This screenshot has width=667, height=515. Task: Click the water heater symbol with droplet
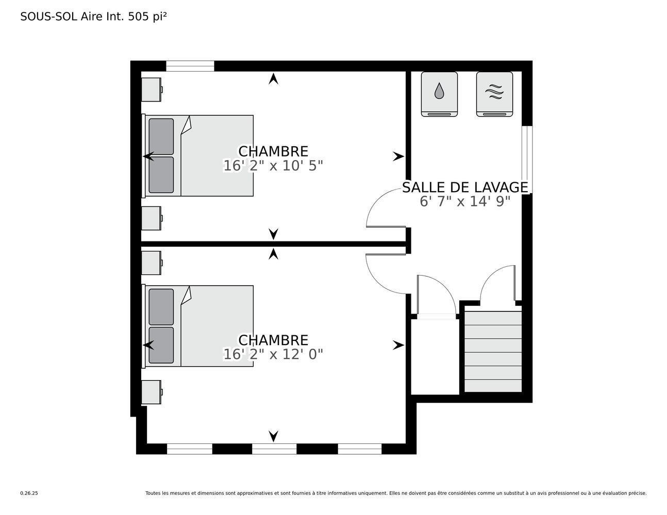pyautogui.click(x=439, y=94)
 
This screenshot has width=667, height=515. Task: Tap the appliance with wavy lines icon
pyautogui.click(x=494, y=94)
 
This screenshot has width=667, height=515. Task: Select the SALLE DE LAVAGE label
pyautogui.click(x=465, y=187)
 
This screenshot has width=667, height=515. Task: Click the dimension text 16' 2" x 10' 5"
pyautogui.click(x=273, y=166)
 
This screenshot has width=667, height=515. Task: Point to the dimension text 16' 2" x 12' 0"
pyautogui.click(x=273, y=354)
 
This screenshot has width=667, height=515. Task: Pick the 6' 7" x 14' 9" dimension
pyautogui.click(x=465, y=201)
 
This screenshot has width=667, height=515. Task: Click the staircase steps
pyautogui.click(x=493, y=352)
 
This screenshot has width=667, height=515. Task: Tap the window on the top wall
pyautogui.click(x=190, y=66)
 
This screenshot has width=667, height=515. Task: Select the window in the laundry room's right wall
pyautogui.click(x=526, y=159)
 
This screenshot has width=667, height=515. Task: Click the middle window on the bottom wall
pyautogui.click(x=274, y=449)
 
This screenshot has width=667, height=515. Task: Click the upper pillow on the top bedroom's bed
pyautogui.click(x=161, y=136)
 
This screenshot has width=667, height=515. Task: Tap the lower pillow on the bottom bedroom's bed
pyautogui.click(x=161, y=345)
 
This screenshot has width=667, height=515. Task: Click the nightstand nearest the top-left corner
pyautogui.click(x=152, y=89)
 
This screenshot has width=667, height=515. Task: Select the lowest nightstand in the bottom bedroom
pyautogui.click(x=152, y=392)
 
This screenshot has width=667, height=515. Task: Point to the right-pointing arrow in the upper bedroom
pyautogui.click(x=398, y=157)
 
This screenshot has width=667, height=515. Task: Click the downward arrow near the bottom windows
pyautogui.click(x=274, y=436)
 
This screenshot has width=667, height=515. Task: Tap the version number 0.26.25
pyautogui.click(x=29, y=493)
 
